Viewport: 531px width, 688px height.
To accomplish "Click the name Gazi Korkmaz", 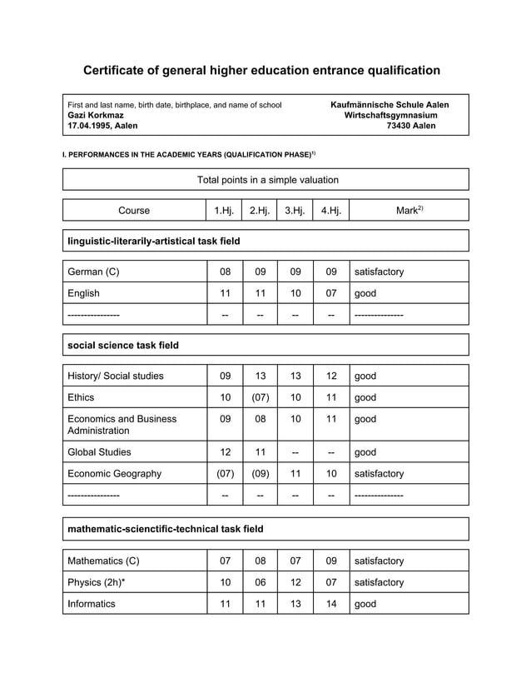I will pyautogui.click(x=96, y=115).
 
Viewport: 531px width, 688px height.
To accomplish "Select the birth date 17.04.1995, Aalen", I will pyautogui.click(x=103, y=126).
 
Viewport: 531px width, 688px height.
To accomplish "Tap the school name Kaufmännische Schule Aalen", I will pyautogui.click(x=390, y=105).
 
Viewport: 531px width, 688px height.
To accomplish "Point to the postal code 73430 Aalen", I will pyautogui.click(x=411, y=126).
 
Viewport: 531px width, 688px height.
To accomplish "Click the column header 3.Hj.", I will pyautogui.click(x=295, y=211).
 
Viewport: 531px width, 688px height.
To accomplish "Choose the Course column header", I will pyautogui.click(x=134, y=211).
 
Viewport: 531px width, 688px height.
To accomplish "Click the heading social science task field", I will pyautogui.click(x=122, y=345).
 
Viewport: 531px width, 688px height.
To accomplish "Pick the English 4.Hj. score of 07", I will pyautogui.click(x=330, y=293).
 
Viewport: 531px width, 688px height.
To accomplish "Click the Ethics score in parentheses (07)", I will pyautogui.click(x=260, y=397).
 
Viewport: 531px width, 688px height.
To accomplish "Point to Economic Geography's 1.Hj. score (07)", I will pyautogui.click(x=225, y=473).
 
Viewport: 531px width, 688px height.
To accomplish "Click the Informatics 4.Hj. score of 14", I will pyautogui.click(x=330, y=604).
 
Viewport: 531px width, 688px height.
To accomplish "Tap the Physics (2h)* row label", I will pyautogui.click(x=97, y=582).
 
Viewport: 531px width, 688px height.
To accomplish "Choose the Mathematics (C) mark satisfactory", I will pyautogui.click(x=379, y=561).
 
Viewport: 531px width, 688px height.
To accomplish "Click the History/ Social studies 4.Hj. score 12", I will pyautogui.click(x=330, y=376).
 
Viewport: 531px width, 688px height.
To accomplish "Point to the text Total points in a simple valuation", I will pyautogui.click(x=267, y=180).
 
